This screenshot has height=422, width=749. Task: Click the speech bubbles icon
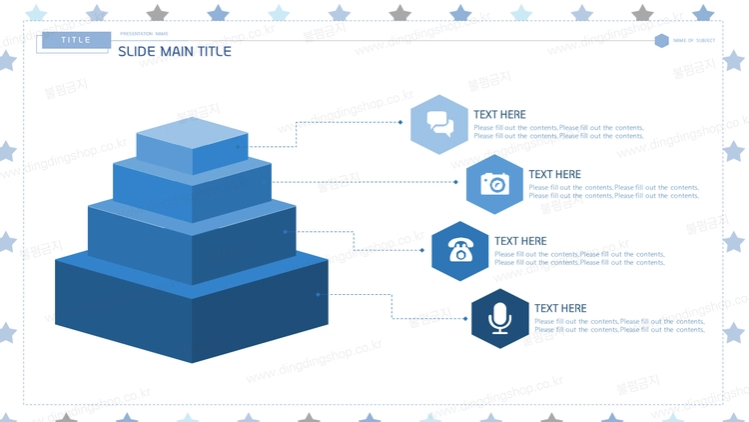coord(439,124)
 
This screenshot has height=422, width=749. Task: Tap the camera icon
coord(494,184)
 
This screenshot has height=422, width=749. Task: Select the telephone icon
coord(460,250)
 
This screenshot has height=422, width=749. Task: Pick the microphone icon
coord(499,318)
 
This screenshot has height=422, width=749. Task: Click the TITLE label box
coord(75,40)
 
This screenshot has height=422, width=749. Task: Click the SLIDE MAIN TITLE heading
coord(175,51)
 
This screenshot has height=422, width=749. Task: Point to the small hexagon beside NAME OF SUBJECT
coord(661,40)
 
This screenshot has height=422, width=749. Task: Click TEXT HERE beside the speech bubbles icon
coord(499,114)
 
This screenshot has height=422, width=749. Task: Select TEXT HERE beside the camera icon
coord(554,174)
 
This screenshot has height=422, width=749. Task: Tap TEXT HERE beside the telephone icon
coord(520,240)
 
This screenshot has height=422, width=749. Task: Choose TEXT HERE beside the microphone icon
coord(560,308)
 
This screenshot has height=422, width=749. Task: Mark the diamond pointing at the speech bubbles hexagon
coord(400,122)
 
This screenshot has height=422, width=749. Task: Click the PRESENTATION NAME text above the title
coord(144,34)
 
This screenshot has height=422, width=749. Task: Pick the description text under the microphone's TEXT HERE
coord(619,325)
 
